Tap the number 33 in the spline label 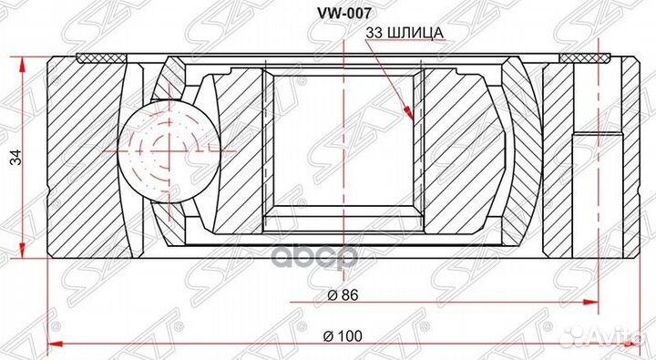[x=373, y=32]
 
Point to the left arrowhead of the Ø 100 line [x=51, y=345]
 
